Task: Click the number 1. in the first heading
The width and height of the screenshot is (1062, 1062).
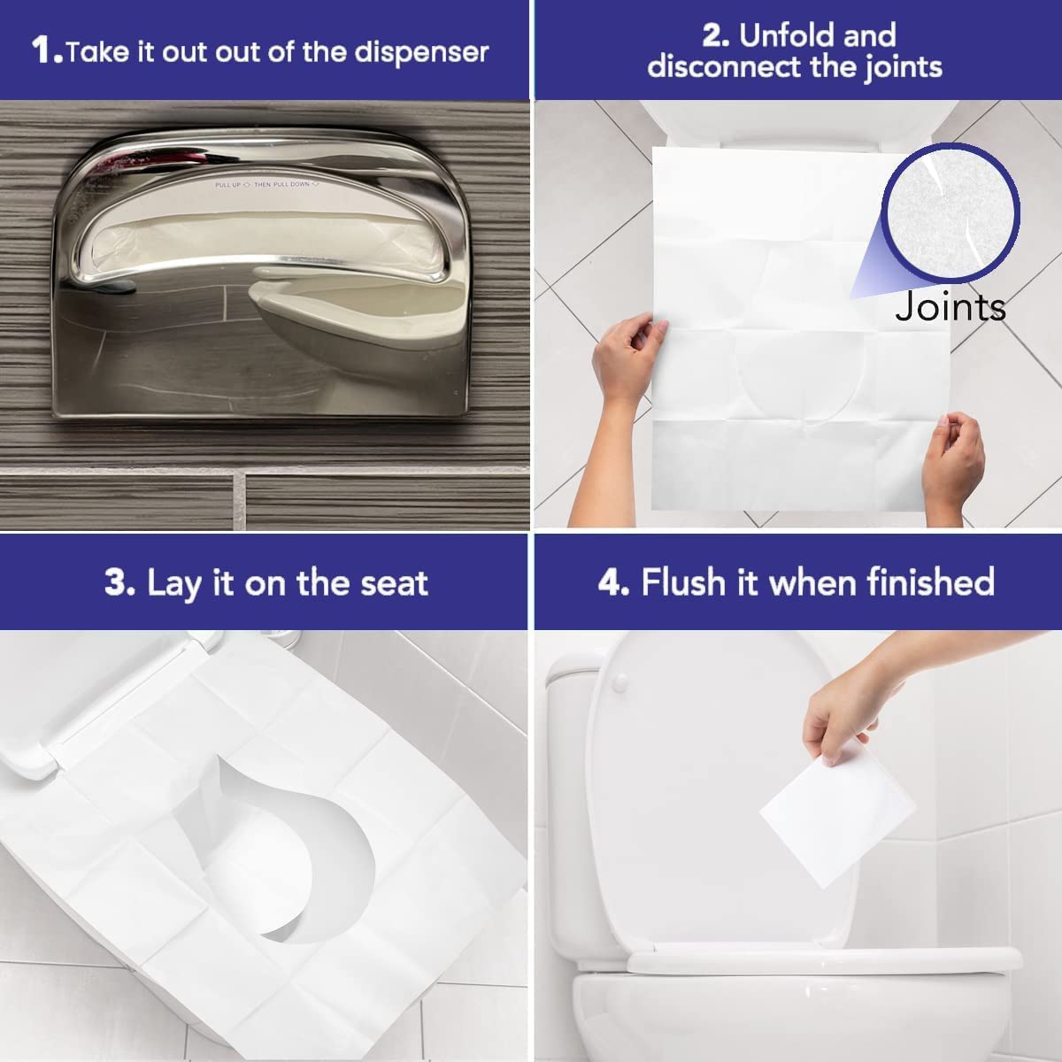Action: click(46, 50)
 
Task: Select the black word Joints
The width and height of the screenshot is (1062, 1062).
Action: click(950, 307)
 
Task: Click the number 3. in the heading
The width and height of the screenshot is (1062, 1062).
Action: click(119, 584)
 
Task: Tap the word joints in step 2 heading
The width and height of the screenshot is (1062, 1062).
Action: click(894, 68)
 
